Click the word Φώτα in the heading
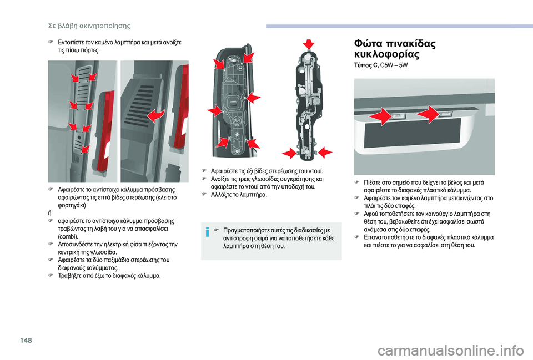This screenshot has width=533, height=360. click(x=365, y=43)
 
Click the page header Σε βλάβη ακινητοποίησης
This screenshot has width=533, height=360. click(x=89, y=26)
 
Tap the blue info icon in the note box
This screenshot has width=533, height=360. click(x=208, y=231)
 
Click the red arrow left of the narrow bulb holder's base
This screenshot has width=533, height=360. click(x=290, y=153)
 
